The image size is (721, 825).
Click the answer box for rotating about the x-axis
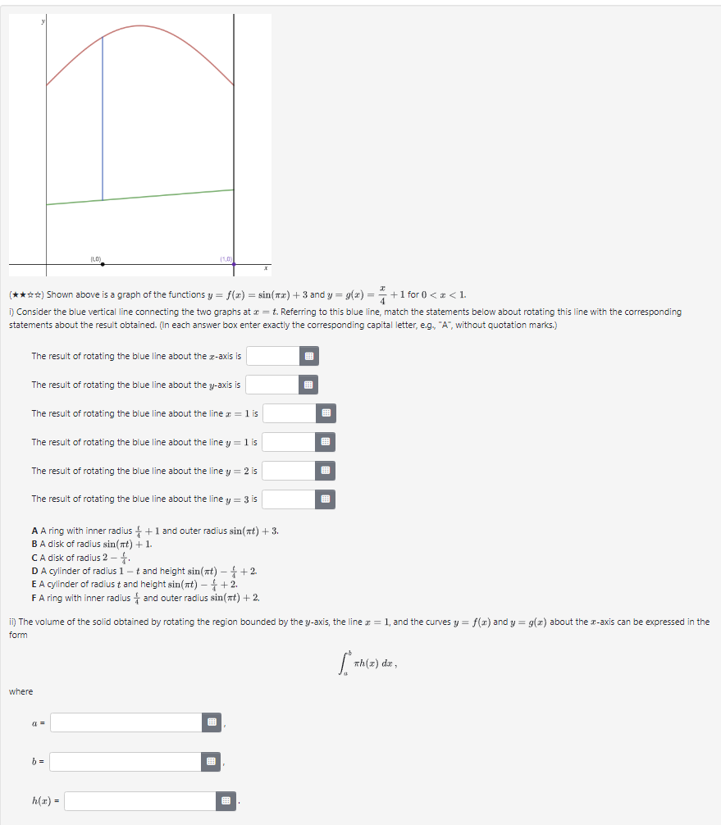[x=272, y=356]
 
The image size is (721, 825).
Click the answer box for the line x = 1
[x=289, y=413]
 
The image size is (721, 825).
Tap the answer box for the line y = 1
[x=288, y=442]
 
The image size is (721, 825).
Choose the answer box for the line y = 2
[x=288, y=471]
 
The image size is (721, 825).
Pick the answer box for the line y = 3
[x=288, y=499]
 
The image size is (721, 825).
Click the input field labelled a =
[x=125, y=722]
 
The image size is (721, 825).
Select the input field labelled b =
[x=125, y=762]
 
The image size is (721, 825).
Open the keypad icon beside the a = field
[x=212, y=722]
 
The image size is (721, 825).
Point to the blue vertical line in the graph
[x=103, y=123]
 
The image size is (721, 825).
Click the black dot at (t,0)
[x=103, y=264]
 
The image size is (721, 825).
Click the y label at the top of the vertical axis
[x=44, y=21]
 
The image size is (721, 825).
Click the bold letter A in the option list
[x=34, y=531]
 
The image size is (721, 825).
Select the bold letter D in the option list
[x=34, y=570]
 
